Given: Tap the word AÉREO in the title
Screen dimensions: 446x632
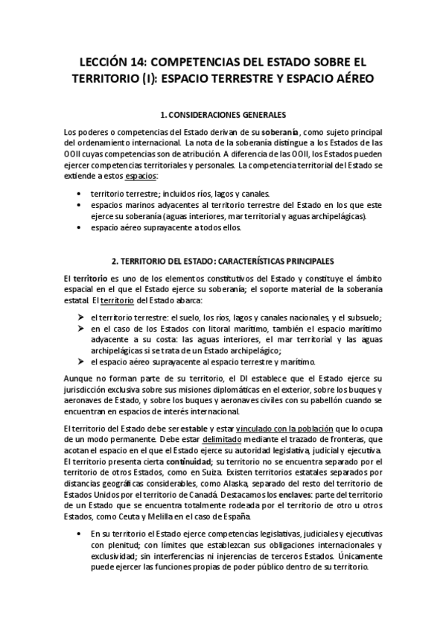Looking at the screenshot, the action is pos(351,77).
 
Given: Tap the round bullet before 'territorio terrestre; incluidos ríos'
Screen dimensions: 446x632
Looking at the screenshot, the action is pos(79,193).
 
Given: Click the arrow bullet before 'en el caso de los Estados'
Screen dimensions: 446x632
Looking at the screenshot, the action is pos(80,328).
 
